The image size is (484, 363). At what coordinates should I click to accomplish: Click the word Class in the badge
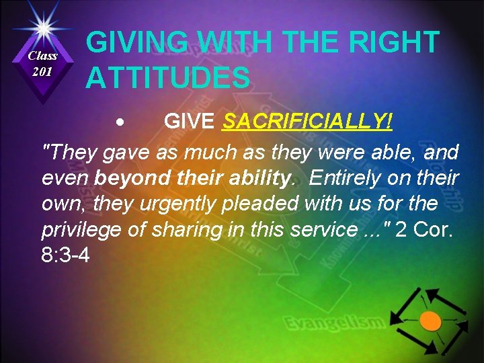coord(43,57)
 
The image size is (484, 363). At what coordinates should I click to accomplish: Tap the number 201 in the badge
coord(43,71)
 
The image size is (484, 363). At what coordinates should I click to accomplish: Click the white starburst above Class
coord(42,27)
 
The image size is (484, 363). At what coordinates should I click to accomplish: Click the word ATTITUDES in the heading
coord(167,77)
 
